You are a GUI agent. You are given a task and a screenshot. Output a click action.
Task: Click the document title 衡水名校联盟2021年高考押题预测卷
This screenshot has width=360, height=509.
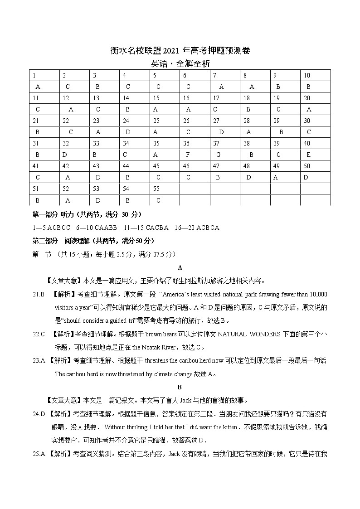pos(180,51)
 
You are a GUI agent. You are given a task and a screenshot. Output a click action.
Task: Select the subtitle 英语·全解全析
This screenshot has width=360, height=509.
pos(180,64)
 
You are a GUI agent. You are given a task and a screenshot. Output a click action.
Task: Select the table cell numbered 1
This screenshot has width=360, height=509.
pos(34,76)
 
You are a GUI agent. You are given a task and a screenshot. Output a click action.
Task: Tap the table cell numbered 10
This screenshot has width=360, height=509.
pos(307,76)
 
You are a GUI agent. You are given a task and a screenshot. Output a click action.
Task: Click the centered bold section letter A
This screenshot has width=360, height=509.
pos(180,267)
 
